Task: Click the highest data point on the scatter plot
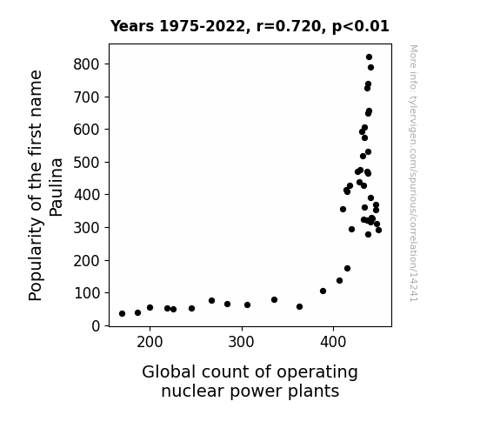click(x=369, y=57)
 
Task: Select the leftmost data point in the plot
click(x=122, y=314)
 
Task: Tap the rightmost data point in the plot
click(x=378, y=230)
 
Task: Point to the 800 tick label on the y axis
click(x=87, y=64)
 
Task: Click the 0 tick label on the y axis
click(x=96, y=326)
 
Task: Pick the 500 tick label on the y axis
click(x=87, y=163)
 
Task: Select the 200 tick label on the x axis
click(x=150, y=343)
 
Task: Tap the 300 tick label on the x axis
click(x=242, y=343)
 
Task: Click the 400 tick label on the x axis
click(x=333, y=343)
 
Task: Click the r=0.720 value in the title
click(x=289, y=26)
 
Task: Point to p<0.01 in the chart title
click(x=361, y=27)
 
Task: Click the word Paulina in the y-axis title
click(x=57, y=187)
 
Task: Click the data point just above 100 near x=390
click(x=323, y=291)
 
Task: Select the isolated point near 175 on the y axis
click(x=347, y=269)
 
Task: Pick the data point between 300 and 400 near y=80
click(x=274, y=299)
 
